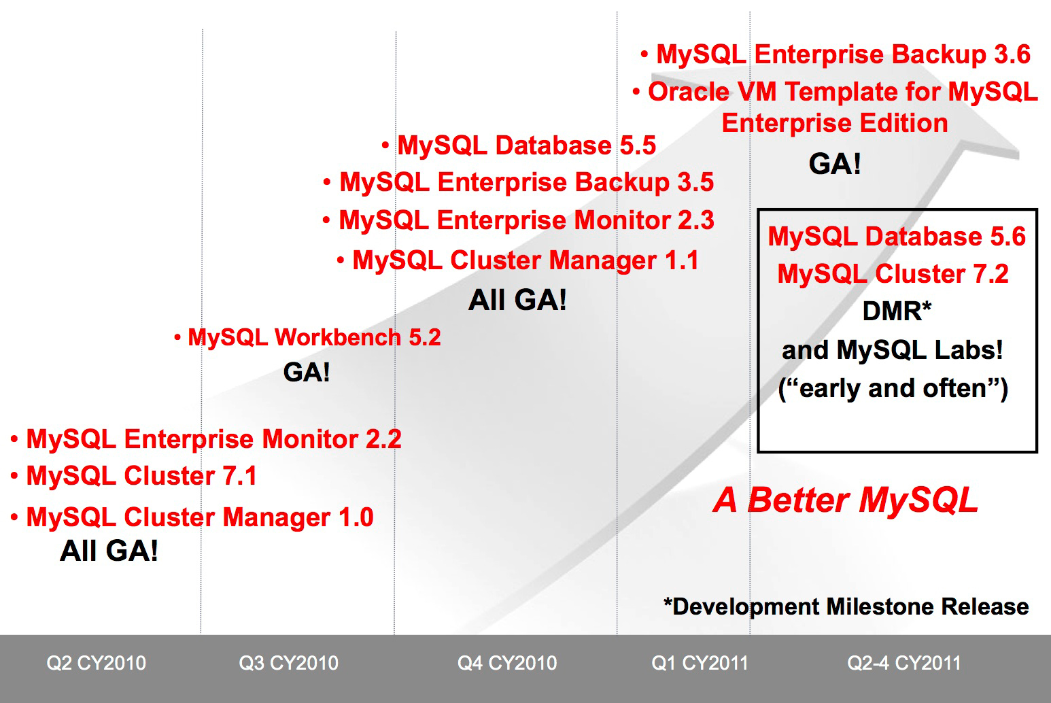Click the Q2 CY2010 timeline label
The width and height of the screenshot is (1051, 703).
pyautogui.click(x=96, y=663)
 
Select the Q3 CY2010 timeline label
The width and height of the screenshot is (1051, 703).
pyautogui.click(x=288, y=663)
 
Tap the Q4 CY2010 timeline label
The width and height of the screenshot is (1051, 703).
pyautogui.click(x=507, y=663)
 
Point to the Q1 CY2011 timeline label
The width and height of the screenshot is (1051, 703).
pyautogui.click(x=700, y=663)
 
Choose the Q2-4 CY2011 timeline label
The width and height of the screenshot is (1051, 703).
pyautogui.click(x=904, y=663)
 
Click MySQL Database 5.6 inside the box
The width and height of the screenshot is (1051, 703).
pyautogui.click(x=897, y=236)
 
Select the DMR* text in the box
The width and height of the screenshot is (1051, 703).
pyautogui.click(x=897, y=311)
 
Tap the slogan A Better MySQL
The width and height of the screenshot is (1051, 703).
pyautogui.click(x=846, y=500)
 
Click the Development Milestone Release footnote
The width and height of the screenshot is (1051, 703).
pyautogui.click(x=846, y=606)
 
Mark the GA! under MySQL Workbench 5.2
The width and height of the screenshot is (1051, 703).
pyautogui.click(x=307, y=373)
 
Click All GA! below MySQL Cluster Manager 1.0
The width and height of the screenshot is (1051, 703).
pyautogui.click(x=109, y=551)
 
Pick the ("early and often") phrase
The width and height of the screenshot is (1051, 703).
pyautogui.click(x=893, y=389)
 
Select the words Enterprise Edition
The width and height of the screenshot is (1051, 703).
pyautogui.click(x=835, y=123)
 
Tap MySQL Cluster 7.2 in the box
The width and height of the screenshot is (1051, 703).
pyautogui.click(x=893, y=273)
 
